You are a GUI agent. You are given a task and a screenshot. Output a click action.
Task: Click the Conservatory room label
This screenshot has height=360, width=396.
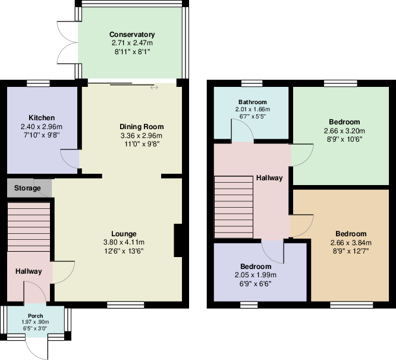(132, 35)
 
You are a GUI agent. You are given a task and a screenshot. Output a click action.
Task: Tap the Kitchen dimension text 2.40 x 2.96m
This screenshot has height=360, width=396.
(42, 127)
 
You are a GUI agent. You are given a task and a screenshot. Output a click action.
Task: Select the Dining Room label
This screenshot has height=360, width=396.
(141, 127)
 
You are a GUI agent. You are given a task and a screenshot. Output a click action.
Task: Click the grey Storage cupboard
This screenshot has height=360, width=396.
(29, 188)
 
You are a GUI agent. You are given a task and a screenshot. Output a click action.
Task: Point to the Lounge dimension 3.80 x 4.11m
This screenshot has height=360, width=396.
(124, 242)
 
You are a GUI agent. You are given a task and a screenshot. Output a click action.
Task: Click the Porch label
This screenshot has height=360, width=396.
(35, 315)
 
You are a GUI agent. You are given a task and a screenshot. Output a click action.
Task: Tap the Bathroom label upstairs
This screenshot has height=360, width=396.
(253, 102)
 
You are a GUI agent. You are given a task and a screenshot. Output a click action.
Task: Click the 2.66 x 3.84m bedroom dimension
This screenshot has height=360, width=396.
(350, 243)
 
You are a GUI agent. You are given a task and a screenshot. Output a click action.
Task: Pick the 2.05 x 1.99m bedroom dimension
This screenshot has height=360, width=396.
(256, 275)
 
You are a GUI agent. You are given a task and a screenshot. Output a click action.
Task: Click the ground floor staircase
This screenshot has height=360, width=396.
(28, 226)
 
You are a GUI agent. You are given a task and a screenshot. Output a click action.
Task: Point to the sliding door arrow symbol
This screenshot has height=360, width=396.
(155, 87)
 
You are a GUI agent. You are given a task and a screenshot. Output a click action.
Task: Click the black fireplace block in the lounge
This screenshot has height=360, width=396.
(177, 240)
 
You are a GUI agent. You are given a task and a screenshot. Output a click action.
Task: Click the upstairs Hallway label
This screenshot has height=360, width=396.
(269, 178)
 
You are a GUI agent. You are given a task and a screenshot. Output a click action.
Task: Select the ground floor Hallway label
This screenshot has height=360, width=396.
(29, 271)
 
